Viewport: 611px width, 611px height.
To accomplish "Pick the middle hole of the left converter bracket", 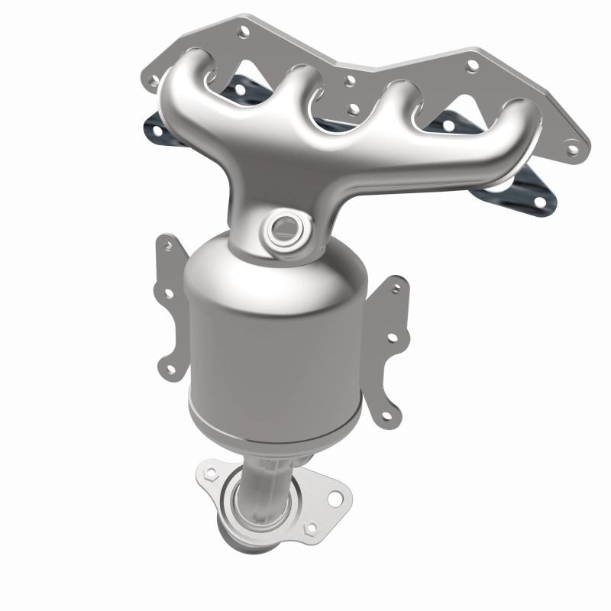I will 166,291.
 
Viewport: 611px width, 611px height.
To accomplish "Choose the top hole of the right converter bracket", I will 396,289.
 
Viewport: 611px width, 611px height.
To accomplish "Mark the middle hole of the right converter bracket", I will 392,336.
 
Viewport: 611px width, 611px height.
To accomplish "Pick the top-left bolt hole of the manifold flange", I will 244,31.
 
